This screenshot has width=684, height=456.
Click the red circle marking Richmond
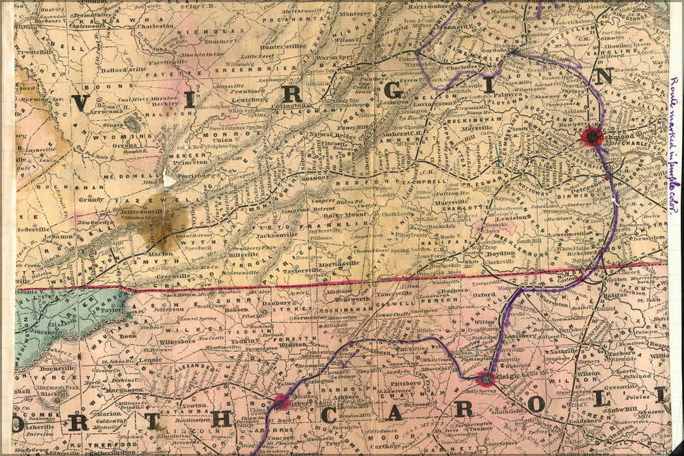pos(591,135)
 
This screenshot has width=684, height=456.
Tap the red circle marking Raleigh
pos(485,378)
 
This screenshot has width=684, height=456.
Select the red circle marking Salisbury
pos(281,401)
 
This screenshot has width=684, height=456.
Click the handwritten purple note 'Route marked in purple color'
pos(674,150)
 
